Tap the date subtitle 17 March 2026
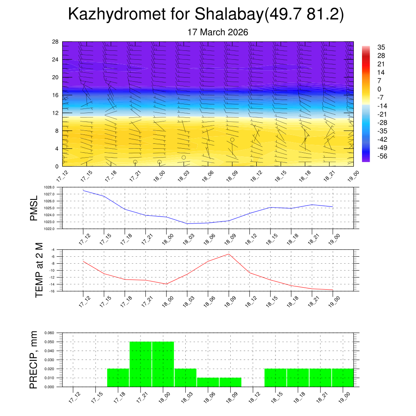click(x=218, y=32)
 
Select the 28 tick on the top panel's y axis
click(x=56, y=41)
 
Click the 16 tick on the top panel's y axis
click(x=56, y=95)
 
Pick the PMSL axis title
click(x=34, y=208)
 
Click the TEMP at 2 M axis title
click(x=39, y=270)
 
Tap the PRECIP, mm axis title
click(x=34, y=360)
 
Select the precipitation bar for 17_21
click(x=141, y=364)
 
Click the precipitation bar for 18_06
click(x=208, y=382)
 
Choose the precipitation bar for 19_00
click(x=342, y=378)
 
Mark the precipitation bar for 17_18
click(x=118, y=378)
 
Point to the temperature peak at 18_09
click(x=229, y=254)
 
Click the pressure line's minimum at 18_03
click(x=187, y=224)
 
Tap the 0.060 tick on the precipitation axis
click(x=49, y=333)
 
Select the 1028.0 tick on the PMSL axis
click(x=49, y=187)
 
